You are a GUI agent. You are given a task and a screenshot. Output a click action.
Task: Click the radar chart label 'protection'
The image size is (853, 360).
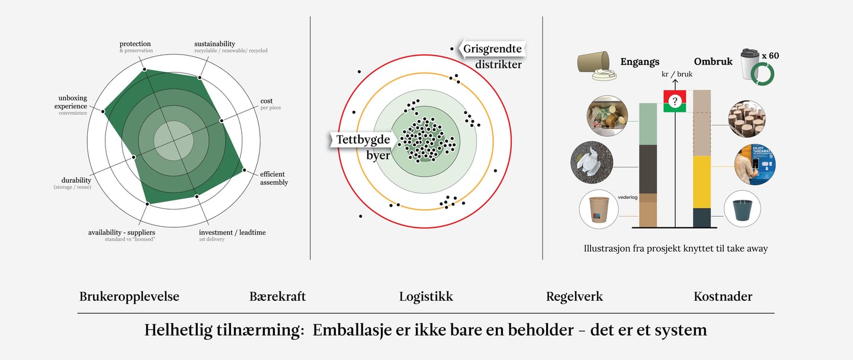[135, 44]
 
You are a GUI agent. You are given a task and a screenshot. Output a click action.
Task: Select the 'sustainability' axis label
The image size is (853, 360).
[214, 44]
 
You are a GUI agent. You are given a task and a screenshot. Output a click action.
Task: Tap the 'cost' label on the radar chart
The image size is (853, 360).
[267, 101]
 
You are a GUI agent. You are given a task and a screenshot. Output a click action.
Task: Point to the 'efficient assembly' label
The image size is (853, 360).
[274, 178]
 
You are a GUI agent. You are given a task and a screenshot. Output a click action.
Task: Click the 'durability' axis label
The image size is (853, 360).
[76, 180]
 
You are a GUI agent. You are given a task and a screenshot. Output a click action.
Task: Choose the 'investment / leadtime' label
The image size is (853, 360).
[232, 232]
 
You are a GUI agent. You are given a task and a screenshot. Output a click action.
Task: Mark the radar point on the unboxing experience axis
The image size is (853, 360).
[104, 111]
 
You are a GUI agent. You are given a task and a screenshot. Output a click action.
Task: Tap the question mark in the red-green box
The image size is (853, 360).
[674, 101]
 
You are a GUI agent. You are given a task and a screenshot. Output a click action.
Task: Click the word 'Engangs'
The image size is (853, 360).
[640, 62]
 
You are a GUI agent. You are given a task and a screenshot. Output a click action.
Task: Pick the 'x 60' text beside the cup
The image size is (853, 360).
[770, 56]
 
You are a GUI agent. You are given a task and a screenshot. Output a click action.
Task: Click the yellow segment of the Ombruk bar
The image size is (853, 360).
[702, 182]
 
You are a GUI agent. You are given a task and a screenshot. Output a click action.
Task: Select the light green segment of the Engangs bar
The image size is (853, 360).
[648, 124]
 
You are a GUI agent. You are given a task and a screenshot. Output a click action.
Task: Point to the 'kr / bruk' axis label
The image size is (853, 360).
[677, 74]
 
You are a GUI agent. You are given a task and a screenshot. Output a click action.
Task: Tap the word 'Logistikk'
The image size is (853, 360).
[426, 297]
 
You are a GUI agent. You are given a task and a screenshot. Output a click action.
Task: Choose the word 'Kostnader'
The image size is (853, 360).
[723, 297]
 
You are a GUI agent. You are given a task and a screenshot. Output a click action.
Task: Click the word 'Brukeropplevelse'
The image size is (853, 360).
[129, 297]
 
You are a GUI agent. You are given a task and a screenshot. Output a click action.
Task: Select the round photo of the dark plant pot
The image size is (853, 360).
[743, 208]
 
